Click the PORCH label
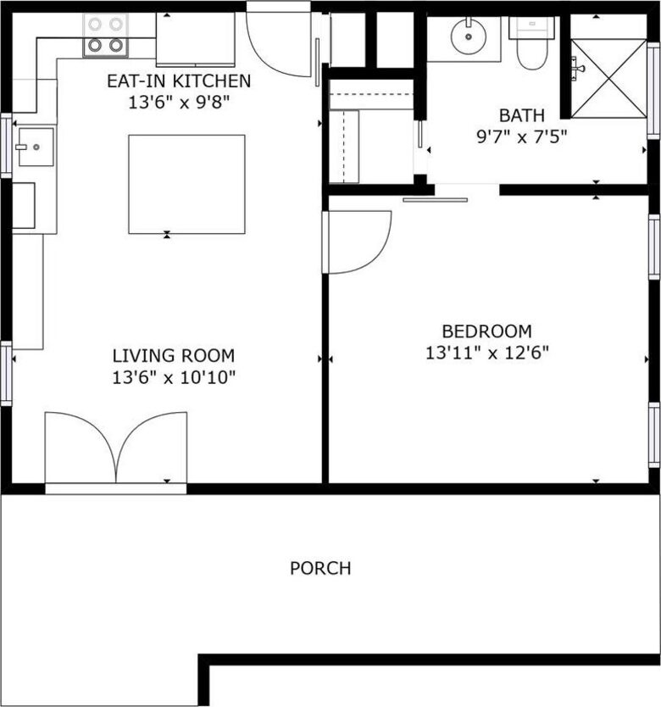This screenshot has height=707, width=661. [x=320, y=568]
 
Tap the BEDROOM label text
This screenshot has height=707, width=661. [x=486, y=331]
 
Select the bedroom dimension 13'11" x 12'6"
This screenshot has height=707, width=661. [x=486, y=353]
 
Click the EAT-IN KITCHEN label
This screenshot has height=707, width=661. [x=179, y=81]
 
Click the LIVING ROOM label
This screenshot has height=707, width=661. [x=174, y=356]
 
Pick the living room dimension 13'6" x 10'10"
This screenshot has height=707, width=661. [x=174, y=377]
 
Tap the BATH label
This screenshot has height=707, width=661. [x=522, y=115]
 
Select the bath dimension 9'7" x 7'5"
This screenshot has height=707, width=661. [x=522, y=135]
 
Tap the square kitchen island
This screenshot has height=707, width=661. [x=186, y=183]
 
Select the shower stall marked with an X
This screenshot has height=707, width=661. [x=608, y=78]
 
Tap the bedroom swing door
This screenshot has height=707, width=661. [x=358, y=242]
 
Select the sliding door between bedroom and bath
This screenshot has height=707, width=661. [x=435, y=200]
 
